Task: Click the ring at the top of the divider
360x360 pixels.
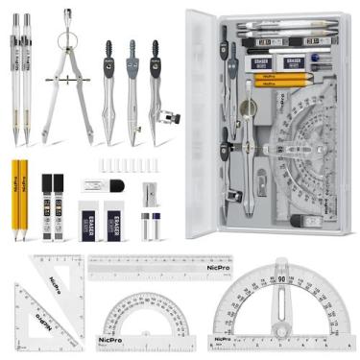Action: [66, 16]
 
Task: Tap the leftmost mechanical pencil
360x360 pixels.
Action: [16, 77]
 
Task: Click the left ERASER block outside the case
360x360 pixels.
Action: [88, 219]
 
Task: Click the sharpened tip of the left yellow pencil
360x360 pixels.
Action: [17, 237]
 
